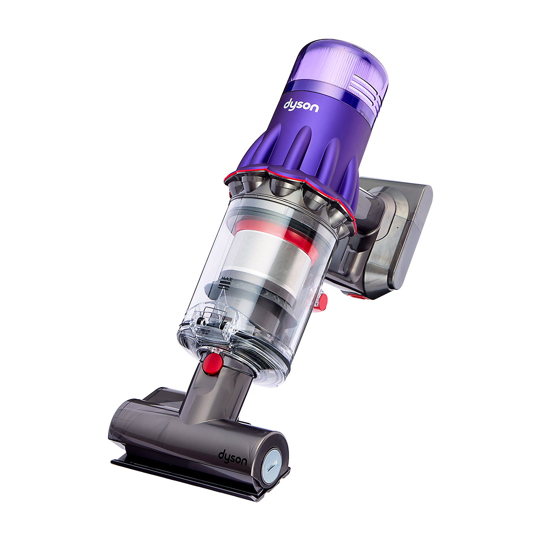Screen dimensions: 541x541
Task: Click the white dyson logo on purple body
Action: click(x=301, y=105)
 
